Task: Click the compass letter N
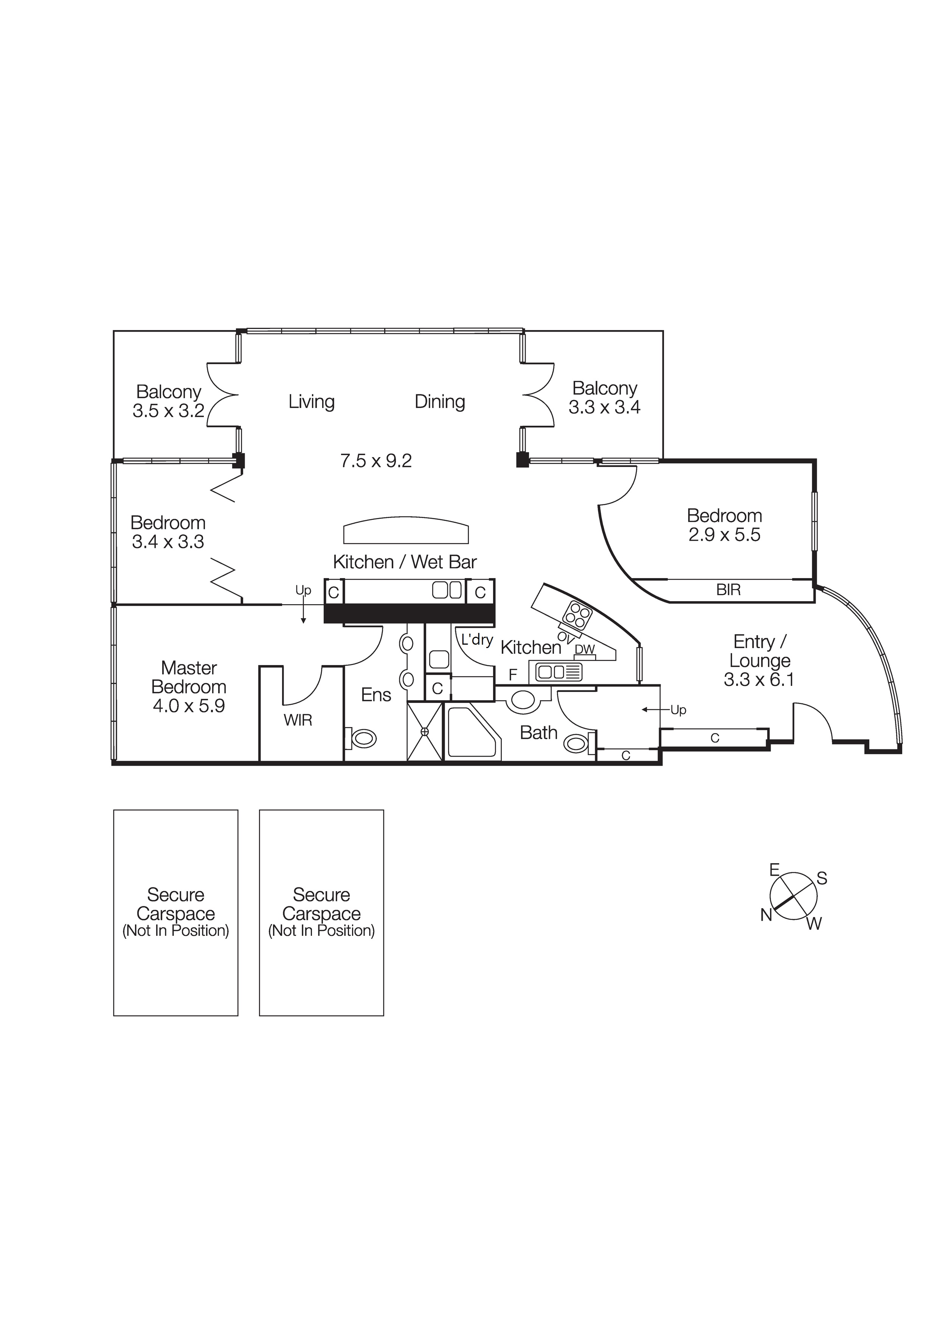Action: pos(766,915)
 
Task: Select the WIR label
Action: pos(298,720)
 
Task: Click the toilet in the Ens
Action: pos(363,738)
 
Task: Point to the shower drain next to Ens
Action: pos(425,732)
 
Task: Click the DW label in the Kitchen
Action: pos(585,649)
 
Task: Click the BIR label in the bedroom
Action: pos(728,590)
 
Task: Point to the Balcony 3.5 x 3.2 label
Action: pos(168,401)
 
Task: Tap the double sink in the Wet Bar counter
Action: pos(447,590)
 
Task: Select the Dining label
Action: pos(440,402)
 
